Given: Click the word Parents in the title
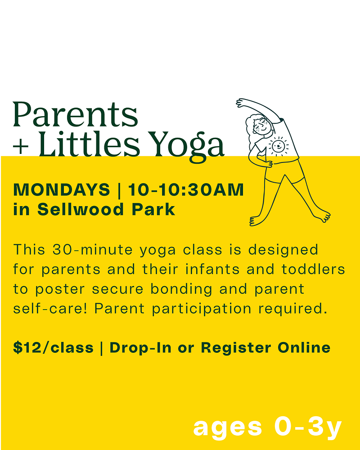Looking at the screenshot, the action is (75, 114).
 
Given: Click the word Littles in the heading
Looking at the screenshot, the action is (89, 143).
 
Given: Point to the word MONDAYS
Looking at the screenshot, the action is (62, 190).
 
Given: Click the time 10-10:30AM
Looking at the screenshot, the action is (186, 190).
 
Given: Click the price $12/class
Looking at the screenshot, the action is (54, 347).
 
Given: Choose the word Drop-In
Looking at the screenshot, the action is (140, 347).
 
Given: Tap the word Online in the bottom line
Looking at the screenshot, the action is (304, 347).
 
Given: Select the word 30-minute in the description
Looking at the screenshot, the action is (92, 249).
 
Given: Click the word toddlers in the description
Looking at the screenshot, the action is (313, 269).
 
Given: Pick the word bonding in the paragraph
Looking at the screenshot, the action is (181, 289).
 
